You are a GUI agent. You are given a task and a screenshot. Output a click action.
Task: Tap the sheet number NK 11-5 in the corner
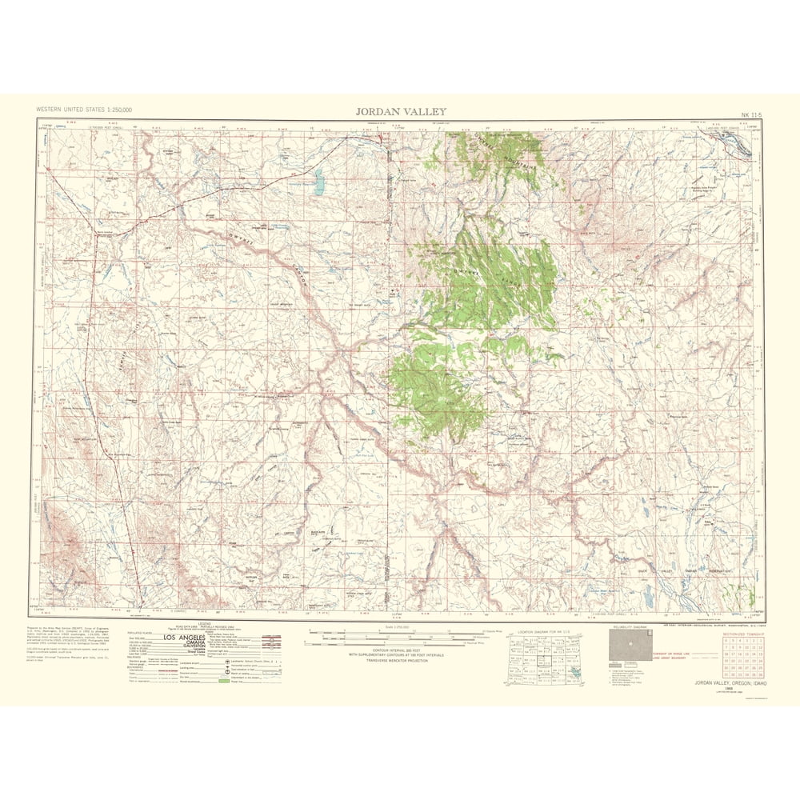coord(752,113)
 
